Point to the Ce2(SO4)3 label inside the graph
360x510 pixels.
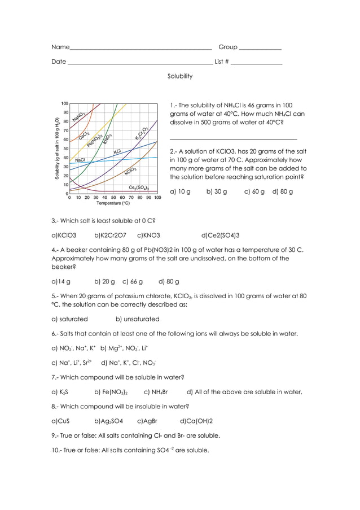point(139,188)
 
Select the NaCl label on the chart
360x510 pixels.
point(80,160)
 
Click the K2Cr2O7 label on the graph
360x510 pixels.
point(142,133)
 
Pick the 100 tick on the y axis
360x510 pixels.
point(65,104)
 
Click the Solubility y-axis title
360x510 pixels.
point(57,149)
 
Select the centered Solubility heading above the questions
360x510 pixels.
point(180,76)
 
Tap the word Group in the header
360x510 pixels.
point(228,47)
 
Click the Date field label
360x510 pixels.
point(59,62)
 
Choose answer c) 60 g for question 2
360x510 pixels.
point(254,191)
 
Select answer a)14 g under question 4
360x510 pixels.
point(61,281)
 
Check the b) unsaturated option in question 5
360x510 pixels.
point(137,319)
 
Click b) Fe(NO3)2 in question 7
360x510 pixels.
point(111,392)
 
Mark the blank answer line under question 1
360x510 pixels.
point(233,138)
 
